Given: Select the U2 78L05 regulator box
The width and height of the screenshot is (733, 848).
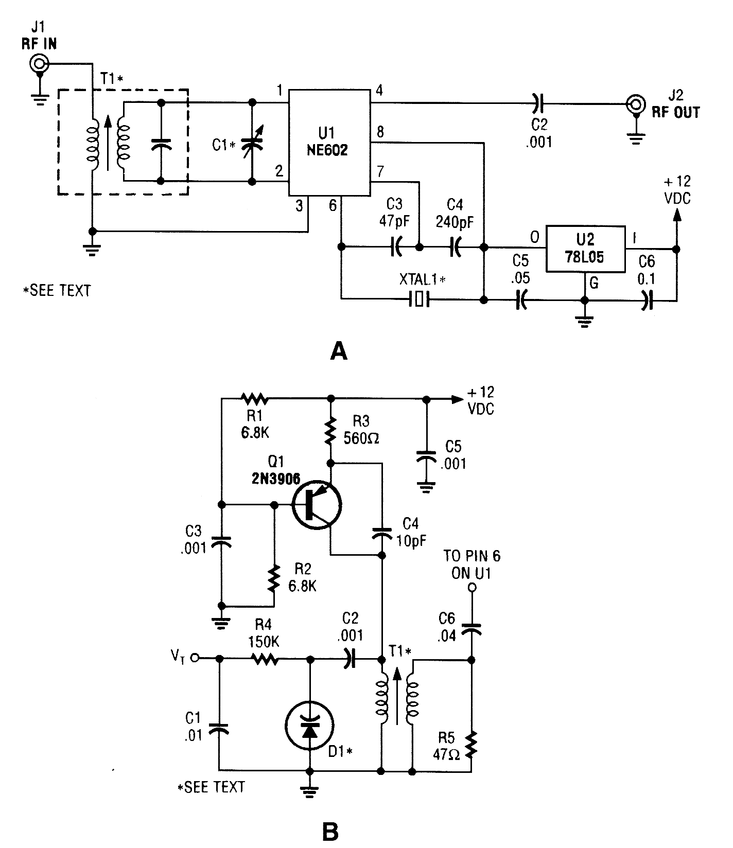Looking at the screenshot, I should (x=585, y=249).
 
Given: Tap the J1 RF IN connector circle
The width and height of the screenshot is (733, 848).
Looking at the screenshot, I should (x=39, y=64).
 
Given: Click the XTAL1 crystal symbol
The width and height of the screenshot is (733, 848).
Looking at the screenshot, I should (x=418, y=299).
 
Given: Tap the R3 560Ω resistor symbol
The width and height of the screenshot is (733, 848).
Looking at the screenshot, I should (x=330, y=431).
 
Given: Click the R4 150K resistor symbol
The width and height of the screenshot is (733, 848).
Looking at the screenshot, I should (x=265, y=659).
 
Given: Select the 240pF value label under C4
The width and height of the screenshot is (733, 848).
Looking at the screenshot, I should (x=455, y=222).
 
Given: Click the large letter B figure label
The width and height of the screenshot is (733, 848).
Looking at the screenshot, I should (x=329, y=831).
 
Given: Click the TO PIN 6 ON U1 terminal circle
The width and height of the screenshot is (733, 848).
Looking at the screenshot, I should (x=470, y=588).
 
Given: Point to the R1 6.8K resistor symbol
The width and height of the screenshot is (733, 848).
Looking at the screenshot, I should (x=253, y=398).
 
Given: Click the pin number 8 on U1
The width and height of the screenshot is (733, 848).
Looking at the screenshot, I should (x=380, y=132).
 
